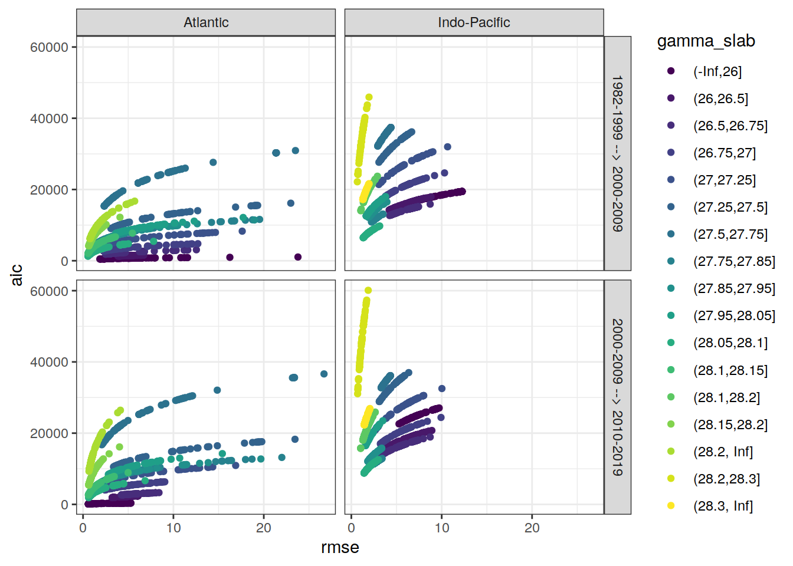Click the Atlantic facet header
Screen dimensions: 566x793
point(206,22)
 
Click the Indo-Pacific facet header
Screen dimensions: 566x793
point(474,22)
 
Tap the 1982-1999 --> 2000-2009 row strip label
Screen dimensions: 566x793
point(617,153)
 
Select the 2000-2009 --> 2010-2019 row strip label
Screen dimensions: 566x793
point(617,397)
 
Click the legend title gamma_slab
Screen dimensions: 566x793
point(706,41)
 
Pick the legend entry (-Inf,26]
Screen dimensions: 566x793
point(717,71)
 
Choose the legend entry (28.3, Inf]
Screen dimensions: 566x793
point(723,506)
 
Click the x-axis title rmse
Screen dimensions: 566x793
point(340,548)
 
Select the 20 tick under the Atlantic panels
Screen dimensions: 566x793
point(263,528)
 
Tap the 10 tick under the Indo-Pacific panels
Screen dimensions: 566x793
point(442,528)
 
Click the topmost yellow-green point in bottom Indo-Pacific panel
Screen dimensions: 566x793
point(368,290)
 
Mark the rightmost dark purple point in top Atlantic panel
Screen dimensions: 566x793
point(298,257)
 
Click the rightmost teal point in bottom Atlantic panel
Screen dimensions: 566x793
point(324,374)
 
